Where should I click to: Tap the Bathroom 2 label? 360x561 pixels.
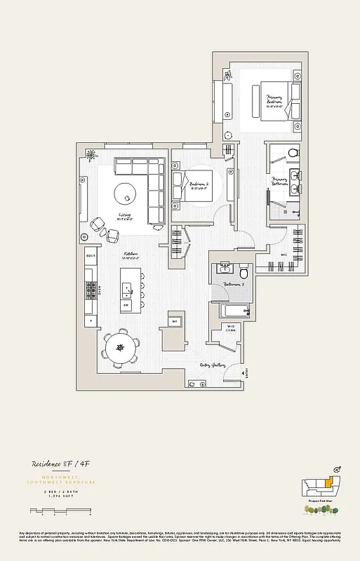233,284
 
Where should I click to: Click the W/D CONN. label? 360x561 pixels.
229,329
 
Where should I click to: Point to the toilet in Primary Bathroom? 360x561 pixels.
294,151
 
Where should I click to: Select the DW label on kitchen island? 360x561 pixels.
126,306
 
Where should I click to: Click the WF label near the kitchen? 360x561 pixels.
174,322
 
